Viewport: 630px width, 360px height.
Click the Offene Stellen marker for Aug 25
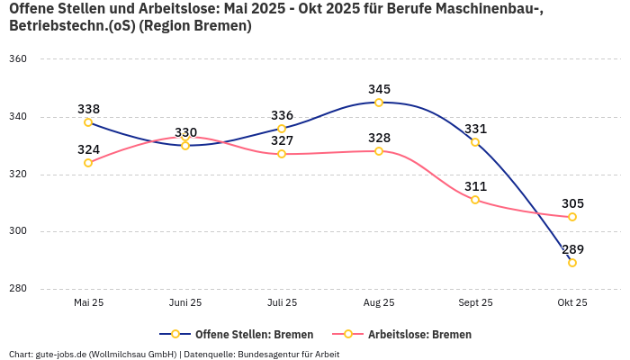(x=379, y=103)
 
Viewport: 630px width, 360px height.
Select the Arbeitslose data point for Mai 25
(x=88, y=163)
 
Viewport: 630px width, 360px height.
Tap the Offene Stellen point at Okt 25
(x=572, y=263)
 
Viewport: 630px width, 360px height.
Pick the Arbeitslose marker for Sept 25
(x=475, y=200)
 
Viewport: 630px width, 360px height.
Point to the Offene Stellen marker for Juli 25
(x=282, y=129)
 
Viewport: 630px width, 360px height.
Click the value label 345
(x=379, y=89)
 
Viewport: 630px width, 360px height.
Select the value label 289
(x=572, y=249)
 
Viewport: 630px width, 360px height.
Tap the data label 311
(x=475, y=186)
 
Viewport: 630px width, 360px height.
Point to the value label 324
(x=88, y=149)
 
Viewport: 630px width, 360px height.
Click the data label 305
(x=572, y=203)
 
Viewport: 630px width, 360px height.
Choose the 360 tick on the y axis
(x=18, y=59)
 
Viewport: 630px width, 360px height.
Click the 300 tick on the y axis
(x=18, y=231)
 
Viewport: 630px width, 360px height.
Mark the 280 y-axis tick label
(x=18, y=289)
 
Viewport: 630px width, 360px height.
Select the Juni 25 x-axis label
(x=185, y=302)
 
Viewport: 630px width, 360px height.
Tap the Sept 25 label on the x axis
(x=475, y=302)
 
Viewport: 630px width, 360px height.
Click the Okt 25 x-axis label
(x=572, y=302)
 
